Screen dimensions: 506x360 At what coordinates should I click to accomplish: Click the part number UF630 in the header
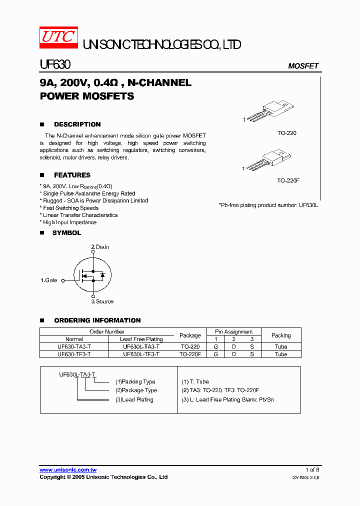point(55,65)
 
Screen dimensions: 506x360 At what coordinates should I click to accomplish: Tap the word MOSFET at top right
point(303,66)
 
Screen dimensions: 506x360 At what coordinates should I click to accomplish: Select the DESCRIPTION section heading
point(77,124)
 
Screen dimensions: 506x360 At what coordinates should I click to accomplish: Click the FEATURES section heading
point(72,175)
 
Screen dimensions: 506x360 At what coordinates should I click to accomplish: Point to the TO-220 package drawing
point(272,110)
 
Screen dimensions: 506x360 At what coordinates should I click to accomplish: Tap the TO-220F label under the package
point(288,180)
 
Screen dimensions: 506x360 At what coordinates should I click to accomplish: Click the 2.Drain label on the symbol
point(100,247)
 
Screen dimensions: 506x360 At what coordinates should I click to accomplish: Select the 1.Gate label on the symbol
point(49,281)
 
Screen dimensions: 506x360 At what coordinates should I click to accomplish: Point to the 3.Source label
point(102,301)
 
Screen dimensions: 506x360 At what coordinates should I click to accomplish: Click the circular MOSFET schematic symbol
point(92,275)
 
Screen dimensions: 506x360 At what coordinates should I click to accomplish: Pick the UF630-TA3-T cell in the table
point(74,346)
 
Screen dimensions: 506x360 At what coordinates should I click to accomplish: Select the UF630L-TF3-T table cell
point(141,354)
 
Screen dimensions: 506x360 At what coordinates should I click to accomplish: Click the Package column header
point(190,335)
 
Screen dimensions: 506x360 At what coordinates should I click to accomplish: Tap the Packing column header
point(281,335)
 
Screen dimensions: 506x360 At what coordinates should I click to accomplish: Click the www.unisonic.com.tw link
point(68,470)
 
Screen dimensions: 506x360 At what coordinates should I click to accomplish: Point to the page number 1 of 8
point(312,470)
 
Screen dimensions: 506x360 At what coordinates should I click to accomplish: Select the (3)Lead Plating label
point(134,399)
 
